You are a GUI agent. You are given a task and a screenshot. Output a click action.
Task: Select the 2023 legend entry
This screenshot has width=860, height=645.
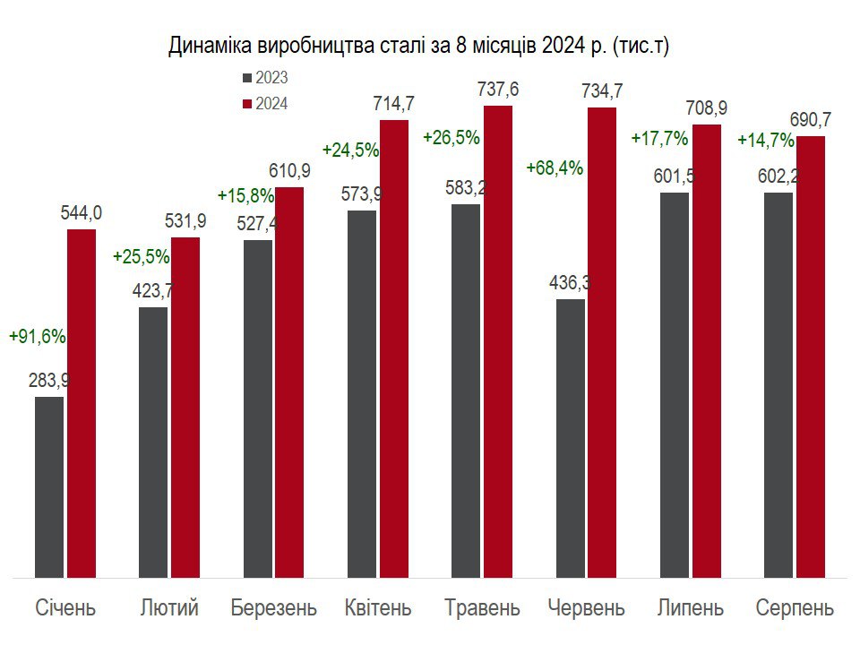pyautogui.click(x=265, y=78)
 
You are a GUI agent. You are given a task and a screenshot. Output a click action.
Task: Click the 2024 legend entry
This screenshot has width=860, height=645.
pyautogui.click(x=265, y=104)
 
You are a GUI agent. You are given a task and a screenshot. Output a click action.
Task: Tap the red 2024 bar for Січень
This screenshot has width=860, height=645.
pyautogui.click(x=82, y=403)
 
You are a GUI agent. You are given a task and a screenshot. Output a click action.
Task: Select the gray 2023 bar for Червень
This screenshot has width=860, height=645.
pyautogui.click(x=571, y=438)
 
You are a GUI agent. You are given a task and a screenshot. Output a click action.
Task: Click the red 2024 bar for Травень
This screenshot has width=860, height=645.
pyautogui.click(x=498, y=341)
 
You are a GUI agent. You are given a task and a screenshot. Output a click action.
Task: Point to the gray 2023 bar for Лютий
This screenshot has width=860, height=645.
pyautogui.click(x=153, y=443)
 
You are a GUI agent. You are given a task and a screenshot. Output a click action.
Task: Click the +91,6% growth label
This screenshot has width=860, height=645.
pyautogui.click(x=38, y=337)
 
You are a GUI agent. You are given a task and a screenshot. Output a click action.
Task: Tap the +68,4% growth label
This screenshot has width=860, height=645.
pyautogui.click(x=555, y=168)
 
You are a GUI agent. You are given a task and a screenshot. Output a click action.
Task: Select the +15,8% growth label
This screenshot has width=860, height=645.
pyautogui.click(x=245, y=195)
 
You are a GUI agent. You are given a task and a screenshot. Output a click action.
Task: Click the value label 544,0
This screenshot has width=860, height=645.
pyautogui.click(x=82, y=212)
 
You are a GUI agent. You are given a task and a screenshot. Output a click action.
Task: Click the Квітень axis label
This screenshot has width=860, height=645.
pyautogui.click(x=378, y=608)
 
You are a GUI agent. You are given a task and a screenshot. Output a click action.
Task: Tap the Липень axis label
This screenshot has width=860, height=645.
pyautogui.click(x=690, y=608)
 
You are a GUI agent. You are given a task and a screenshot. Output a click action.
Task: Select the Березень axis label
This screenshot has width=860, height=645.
pyautogui.click(x=273, y=608)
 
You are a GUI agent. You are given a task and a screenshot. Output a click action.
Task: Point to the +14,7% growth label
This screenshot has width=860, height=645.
pyautogui.click(x=765, y=140)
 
